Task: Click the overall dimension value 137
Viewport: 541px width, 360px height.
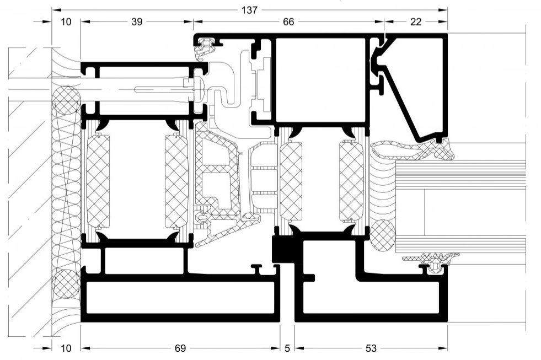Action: pos(249,10)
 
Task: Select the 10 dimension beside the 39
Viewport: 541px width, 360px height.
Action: pos(66,22)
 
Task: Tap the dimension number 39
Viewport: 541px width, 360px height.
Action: pos(137,22)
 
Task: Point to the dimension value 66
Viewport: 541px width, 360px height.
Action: pos(288,22)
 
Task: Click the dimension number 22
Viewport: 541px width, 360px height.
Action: pos(416,22)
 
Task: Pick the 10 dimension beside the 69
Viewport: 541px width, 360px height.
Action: pos(66,348)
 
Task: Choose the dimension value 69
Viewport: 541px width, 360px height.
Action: pos(180,348)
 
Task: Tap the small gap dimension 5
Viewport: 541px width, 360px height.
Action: pos(287,348)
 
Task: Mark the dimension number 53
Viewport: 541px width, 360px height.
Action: pos(371,348)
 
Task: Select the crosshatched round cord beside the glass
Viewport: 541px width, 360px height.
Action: pos(382,235)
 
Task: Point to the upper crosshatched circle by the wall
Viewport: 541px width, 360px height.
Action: pos(66,100)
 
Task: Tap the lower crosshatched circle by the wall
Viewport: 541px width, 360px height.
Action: pos(66,284)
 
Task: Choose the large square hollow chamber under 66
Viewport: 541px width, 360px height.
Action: pos(320,80)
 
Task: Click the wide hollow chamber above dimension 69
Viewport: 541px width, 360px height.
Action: pos(180,298)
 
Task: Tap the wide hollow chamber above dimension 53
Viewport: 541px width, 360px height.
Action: pos(371,298)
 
